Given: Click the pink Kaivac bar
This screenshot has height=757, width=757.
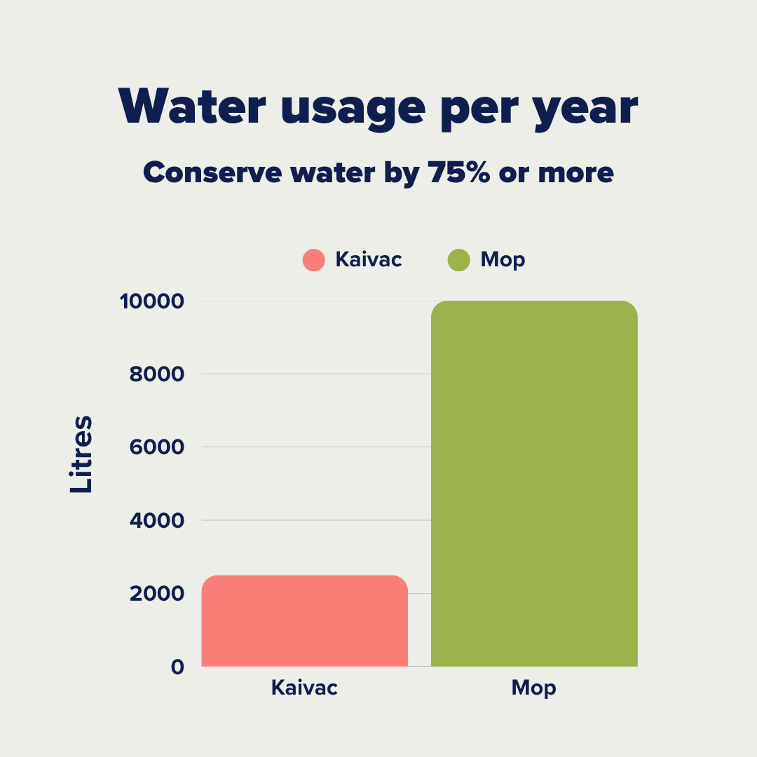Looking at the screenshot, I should [x=304, y=620].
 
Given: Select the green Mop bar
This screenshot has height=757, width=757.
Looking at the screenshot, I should [x=534, y=484].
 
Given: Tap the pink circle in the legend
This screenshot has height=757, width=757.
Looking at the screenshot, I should [x=314, y=260].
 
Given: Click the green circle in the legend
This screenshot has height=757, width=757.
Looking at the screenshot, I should [x=458, y=260].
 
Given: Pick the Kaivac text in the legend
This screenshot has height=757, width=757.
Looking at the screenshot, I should [x=369, y=260].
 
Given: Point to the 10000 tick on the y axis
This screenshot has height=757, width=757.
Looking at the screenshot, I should [x=151, y=301].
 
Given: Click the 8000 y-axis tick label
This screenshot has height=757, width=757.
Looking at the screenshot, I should [x=157, y=374].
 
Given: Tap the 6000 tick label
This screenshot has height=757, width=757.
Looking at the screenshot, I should [x=157, y=447].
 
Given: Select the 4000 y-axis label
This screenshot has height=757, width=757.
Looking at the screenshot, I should [x=157, y=520].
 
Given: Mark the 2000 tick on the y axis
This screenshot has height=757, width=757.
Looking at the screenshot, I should [x=157, y=594].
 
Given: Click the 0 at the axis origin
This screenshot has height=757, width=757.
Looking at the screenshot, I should [x=177, y=667].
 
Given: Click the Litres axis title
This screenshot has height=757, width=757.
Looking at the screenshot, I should [x=81, y=454].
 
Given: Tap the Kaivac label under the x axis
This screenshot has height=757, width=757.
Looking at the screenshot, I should [x=304, y=688].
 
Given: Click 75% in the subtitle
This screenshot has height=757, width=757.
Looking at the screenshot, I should [x=456, y=172].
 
